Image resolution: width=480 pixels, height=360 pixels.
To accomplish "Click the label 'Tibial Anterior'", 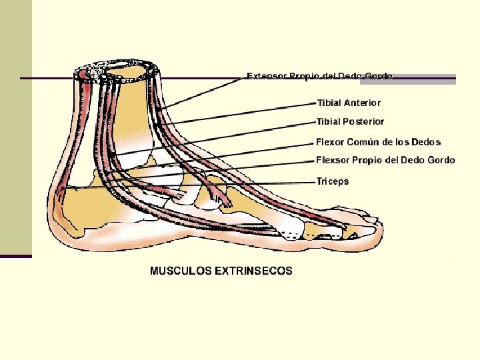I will click(x=349, y=103).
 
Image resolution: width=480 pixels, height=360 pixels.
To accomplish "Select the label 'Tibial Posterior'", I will click(x=350, y=121).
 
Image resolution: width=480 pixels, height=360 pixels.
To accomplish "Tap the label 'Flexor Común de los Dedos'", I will click(x=378, y=142).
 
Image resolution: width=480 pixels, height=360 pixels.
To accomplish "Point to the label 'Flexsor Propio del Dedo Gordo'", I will click(x=385, y=160).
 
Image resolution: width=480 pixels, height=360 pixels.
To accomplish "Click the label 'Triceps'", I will click(x=332, y=181).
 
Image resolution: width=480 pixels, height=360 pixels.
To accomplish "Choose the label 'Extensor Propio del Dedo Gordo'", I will click(x=320, y=76).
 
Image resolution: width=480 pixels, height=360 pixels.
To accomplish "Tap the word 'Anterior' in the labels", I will click(x=362, y=103).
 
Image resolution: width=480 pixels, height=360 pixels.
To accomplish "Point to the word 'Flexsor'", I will click(x=333, y=160).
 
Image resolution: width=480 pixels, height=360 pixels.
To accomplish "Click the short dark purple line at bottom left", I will click(x=16, y=256).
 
